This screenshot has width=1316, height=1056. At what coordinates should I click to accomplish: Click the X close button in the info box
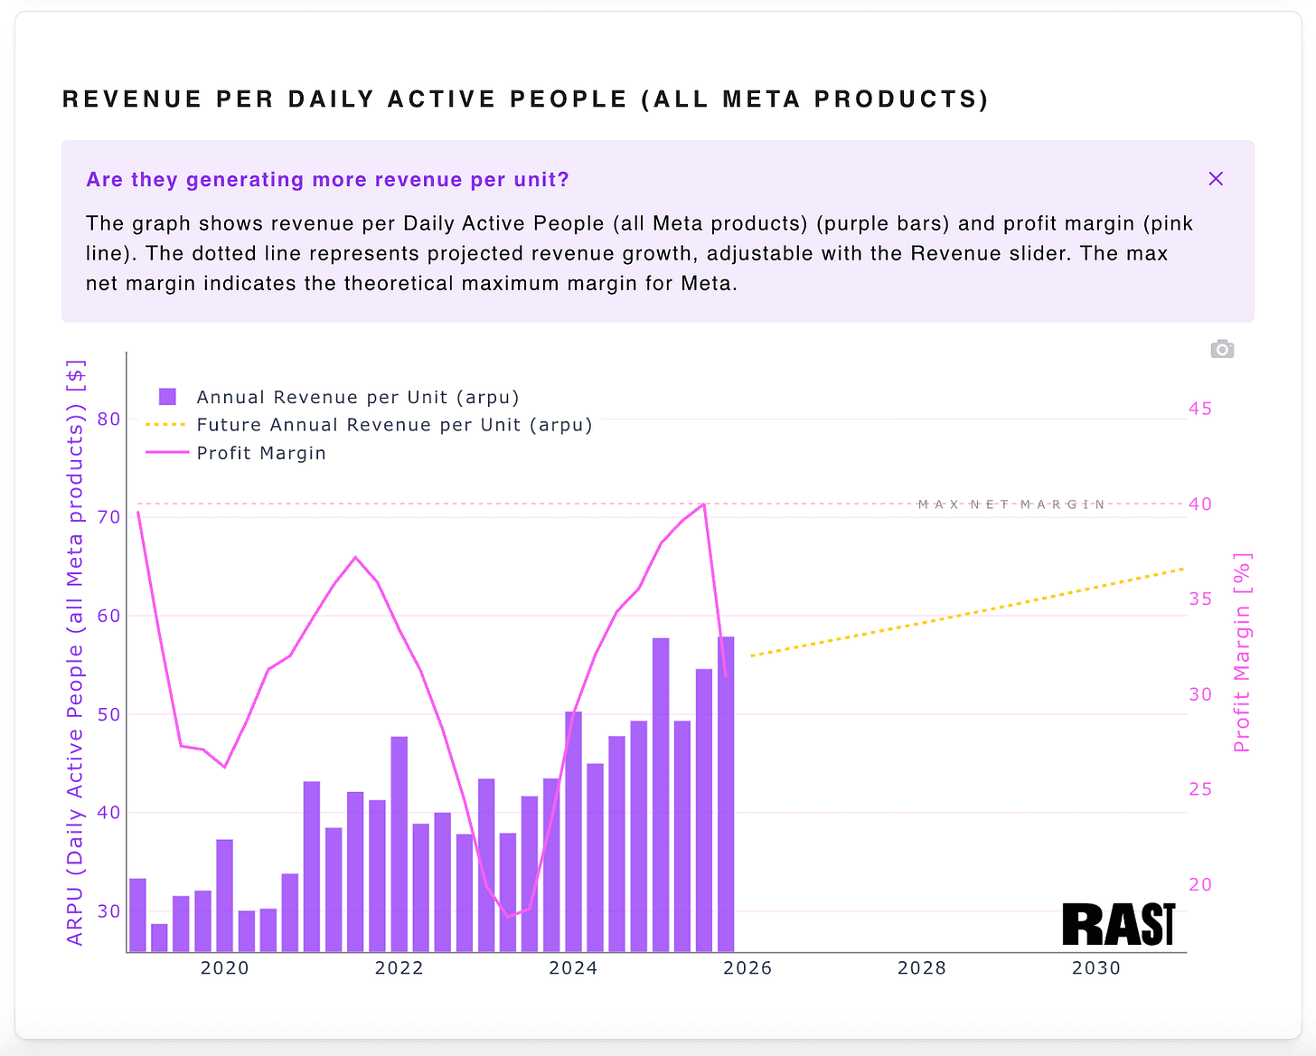click(1216, 179)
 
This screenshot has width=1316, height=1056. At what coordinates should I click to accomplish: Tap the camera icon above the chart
click(1222, 349)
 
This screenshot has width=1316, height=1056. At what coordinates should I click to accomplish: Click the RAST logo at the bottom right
click(1119, 924)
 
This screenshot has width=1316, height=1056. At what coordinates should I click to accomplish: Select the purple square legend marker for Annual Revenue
click(167, 397)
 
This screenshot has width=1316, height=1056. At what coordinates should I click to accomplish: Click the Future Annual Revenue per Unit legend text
click(394, 425)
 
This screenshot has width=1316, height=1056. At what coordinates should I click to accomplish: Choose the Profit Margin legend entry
click(261, 453)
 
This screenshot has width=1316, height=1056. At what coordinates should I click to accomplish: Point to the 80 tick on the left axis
click(108, 419)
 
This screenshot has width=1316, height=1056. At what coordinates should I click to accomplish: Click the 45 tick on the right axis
click(1200, 409)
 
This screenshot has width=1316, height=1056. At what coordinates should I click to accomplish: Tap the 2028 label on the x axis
click(922, 968)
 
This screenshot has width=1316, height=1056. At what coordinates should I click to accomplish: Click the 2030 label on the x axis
click(1096, 968)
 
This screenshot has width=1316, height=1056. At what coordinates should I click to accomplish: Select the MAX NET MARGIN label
click(1011, 504)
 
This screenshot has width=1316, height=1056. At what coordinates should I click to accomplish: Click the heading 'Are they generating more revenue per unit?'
click(327, 179)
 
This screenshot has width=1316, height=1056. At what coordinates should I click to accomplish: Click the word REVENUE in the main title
click(132, 99)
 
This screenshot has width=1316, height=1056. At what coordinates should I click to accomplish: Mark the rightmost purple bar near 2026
click(726, 794)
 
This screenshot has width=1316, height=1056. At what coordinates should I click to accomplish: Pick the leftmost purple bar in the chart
click(137, 914)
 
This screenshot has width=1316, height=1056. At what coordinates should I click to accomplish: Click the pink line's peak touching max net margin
click(703, 504)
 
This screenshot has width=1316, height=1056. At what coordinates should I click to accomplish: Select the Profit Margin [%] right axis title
click(1243, 653)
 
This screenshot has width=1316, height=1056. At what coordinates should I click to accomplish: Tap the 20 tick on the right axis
click(1200, 885)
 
